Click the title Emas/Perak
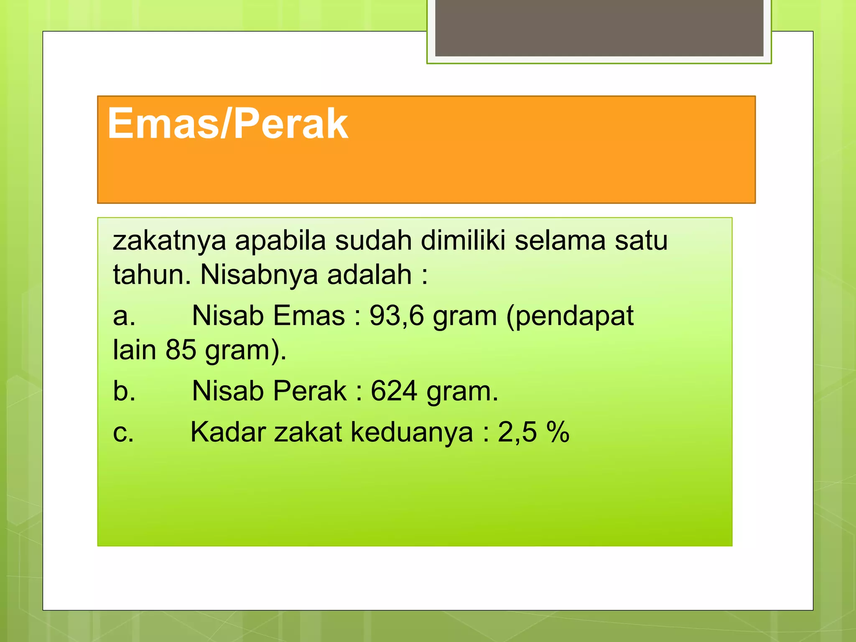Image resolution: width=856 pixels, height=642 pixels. [x=228, y=124]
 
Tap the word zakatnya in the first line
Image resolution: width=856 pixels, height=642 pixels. [x=169, y=242]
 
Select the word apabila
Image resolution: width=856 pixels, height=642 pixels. [x=280, y=242]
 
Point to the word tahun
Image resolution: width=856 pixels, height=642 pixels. [x=152, y=275]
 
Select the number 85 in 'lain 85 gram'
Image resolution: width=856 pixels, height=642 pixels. [x=181, y=350]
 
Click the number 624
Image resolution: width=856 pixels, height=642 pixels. [x=394, y=391]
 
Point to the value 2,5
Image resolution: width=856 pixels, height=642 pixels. [x=517, y=432]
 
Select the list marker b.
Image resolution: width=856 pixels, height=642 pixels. [x=124, y=391]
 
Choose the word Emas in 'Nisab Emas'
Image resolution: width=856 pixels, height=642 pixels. [x=309, y=316]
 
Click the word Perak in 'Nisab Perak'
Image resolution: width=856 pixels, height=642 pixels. [x=310, y=391]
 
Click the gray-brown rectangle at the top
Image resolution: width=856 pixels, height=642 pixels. [x=599, y=28]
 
